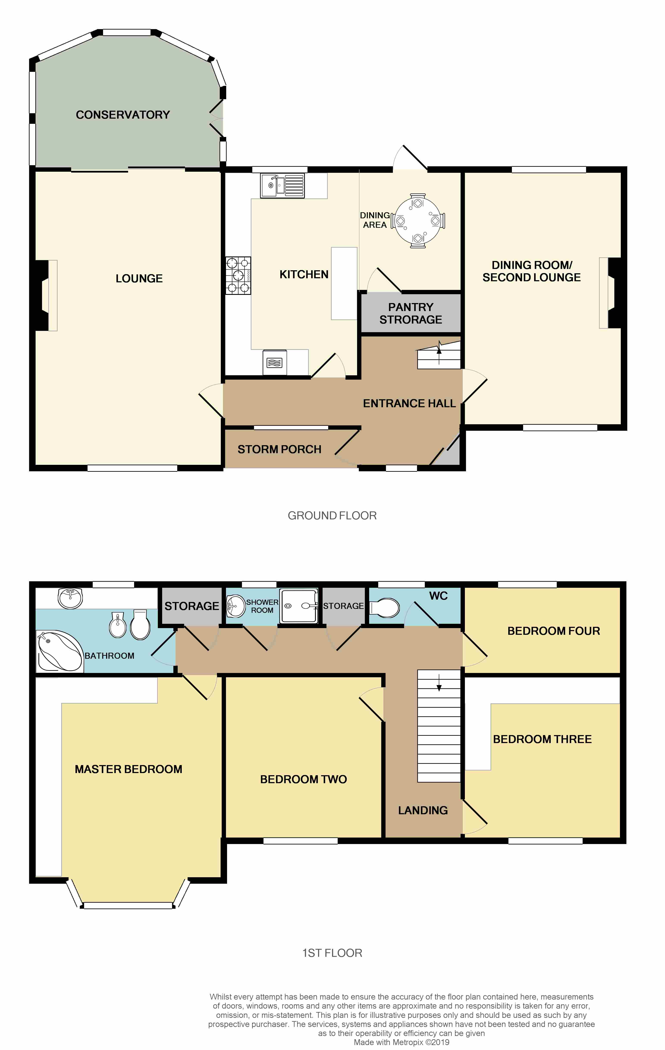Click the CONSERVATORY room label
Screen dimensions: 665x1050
pos(123,115)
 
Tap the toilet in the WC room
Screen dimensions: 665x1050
pos(384,607)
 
